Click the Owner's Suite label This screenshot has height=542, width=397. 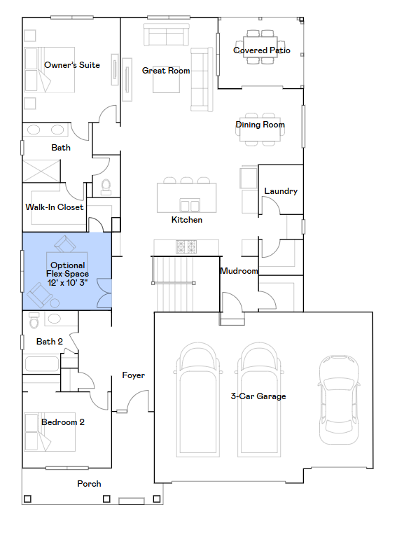coord(71,65)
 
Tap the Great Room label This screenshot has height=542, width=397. coord(166,71)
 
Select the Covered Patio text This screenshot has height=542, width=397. coord(261,50)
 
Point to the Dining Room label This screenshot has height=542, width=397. coord(260,125)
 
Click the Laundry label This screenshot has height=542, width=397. coord(281,191)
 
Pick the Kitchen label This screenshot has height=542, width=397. coord(187,220)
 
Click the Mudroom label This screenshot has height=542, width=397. coord(239,271)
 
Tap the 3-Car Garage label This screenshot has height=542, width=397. coord(258,396)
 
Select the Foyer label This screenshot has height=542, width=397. coord(133,375)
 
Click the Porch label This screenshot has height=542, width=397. coord(89,484)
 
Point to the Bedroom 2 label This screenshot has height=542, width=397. coord(63,422)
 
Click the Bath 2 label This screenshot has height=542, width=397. coord(50,342)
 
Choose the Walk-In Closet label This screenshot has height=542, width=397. coord(55,207)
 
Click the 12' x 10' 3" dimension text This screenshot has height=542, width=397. coord(67,282)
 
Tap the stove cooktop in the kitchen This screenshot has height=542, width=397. coord(186,246)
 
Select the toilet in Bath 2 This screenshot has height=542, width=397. coord(34,321)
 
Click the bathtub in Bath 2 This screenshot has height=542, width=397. coord(42,364)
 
